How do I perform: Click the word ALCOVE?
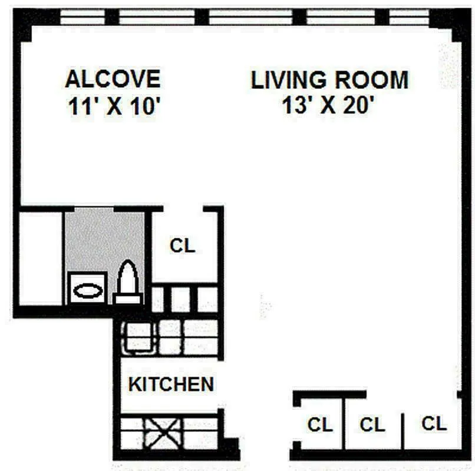[x=113, y=79]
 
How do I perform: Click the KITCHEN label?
[x=171, y=384]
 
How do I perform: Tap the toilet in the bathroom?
[x=128, y=283]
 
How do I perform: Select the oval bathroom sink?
[x=88, y=291]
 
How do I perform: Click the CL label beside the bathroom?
[x=182, y=246]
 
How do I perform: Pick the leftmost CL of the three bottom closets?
[x=320, y=424]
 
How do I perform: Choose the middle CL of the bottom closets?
[x=372, y=424]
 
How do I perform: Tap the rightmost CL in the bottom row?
[x=434, y=423]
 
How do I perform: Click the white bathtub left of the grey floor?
[x=41, y=257]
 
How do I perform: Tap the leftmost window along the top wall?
[x=83, y=17]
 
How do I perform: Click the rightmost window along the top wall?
[x=409, y=17]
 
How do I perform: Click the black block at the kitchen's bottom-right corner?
[x=229, y=449]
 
